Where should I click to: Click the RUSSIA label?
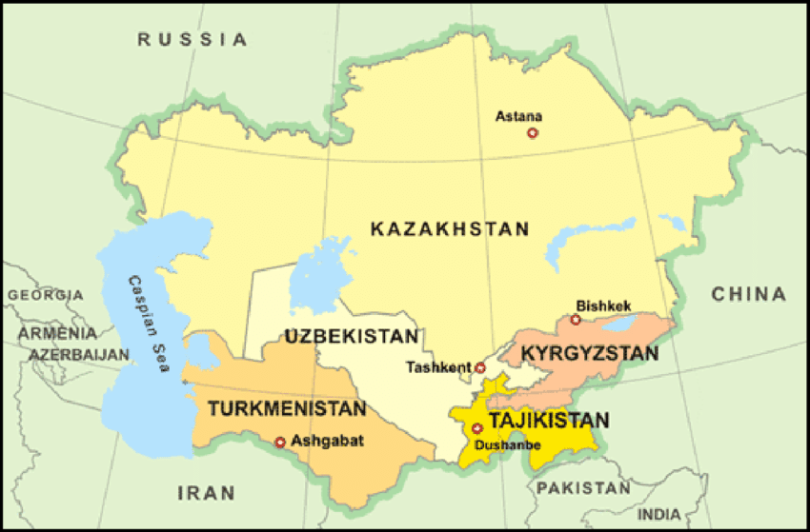(x=192, y=39)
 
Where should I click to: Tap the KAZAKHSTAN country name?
(x=449, y=228)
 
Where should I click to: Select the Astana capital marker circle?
(x=533, y=133)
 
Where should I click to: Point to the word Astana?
(x=518, y=117)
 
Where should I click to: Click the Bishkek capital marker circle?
(x=576, y=320)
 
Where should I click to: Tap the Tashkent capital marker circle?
(x=480, y=367)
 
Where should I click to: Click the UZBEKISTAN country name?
(x=352, y=336)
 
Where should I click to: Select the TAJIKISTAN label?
(x=549, y=420)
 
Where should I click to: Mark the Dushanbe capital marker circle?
(x=476, y=428)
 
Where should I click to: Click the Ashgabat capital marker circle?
(x=280, y=442)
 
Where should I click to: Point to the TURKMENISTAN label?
(x=287, y=409)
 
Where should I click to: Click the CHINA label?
(x=749, y=294)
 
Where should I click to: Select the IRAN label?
(x=206, y=492)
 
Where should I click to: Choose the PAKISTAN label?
(x=583, y=488)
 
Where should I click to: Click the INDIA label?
(x=660, y=515)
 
